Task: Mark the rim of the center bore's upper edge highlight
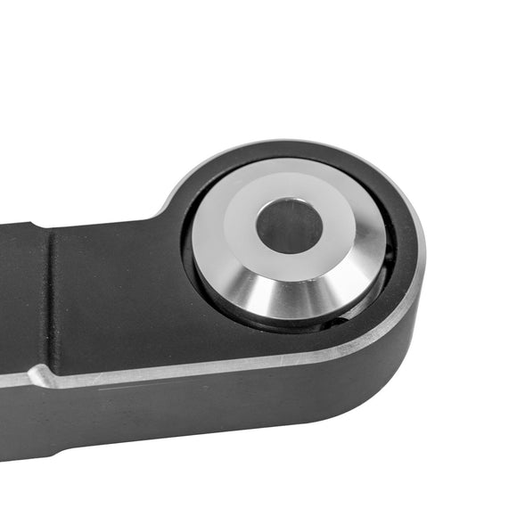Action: (288, 204)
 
